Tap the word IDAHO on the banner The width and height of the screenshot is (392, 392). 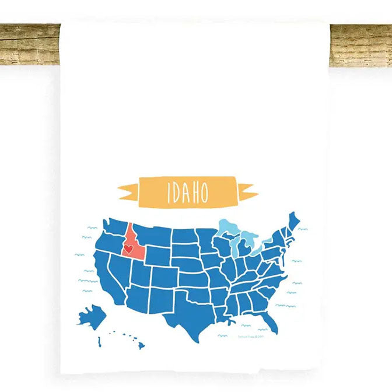click(x=187, y=192)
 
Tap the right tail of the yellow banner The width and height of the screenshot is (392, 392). click(x=247, y=191)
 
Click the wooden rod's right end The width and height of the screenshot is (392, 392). click(x=361, y=45)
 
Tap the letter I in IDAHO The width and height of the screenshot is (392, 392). click(x=169, y=193)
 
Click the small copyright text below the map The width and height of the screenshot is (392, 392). click(x=251, y=335)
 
